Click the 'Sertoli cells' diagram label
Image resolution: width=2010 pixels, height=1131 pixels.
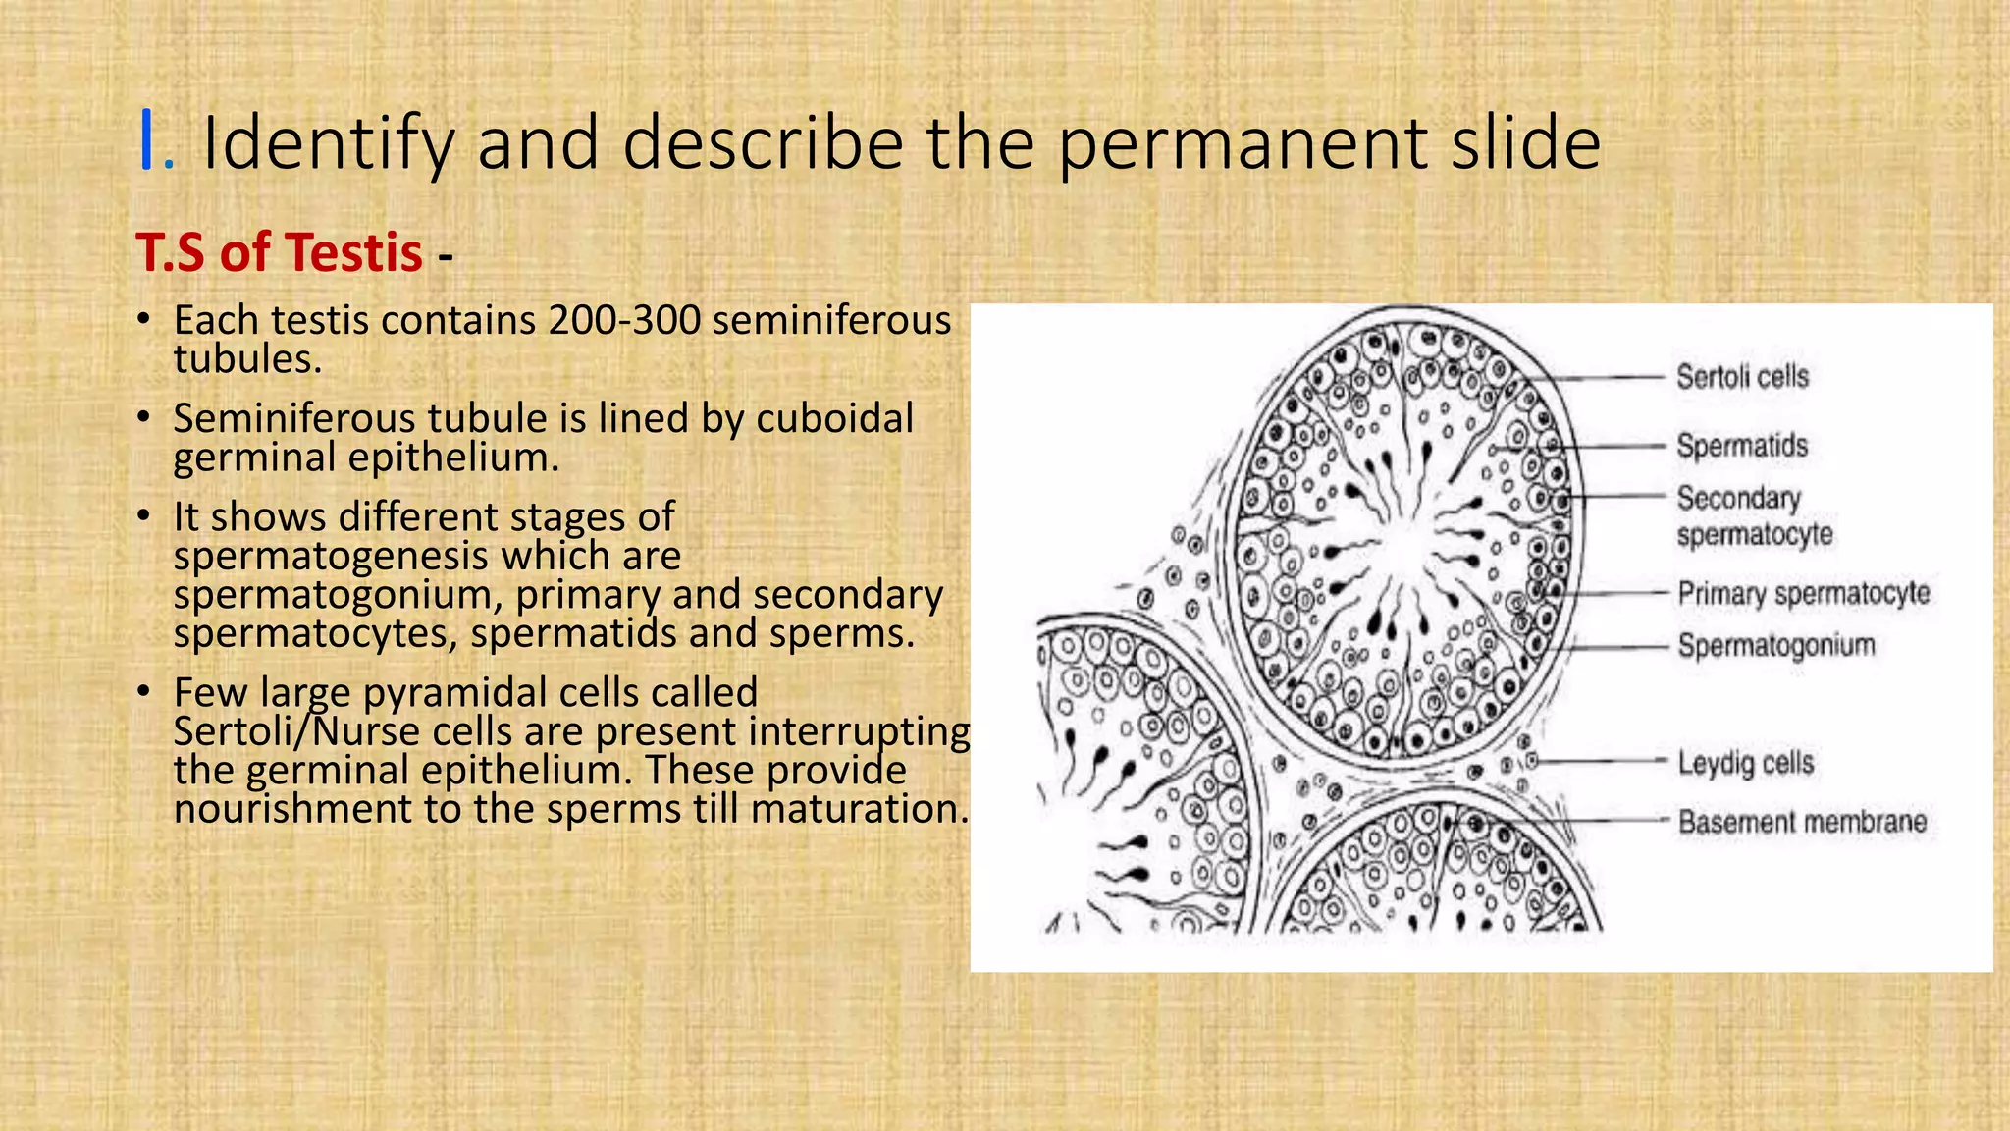(x=1742, y=377)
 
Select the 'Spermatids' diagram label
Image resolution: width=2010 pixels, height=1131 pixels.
(x=1742, y=446)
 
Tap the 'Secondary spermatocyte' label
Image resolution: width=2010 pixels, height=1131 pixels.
(x=1754, y=516)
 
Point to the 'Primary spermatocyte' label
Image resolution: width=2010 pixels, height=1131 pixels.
(x=1803, y=594)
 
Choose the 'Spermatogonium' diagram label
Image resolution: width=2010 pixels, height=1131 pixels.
(x=1775, y=646)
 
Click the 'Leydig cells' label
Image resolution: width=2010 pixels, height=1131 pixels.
(x=1745, y=763)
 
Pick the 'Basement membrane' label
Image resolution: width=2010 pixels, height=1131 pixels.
(x=1802, y=822)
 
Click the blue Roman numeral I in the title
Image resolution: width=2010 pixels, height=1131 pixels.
(x=148, y=143)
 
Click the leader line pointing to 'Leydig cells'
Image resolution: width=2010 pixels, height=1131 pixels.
(x=1600, y=761)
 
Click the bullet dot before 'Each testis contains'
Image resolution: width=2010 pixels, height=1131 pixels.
(x=143, y=320)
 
